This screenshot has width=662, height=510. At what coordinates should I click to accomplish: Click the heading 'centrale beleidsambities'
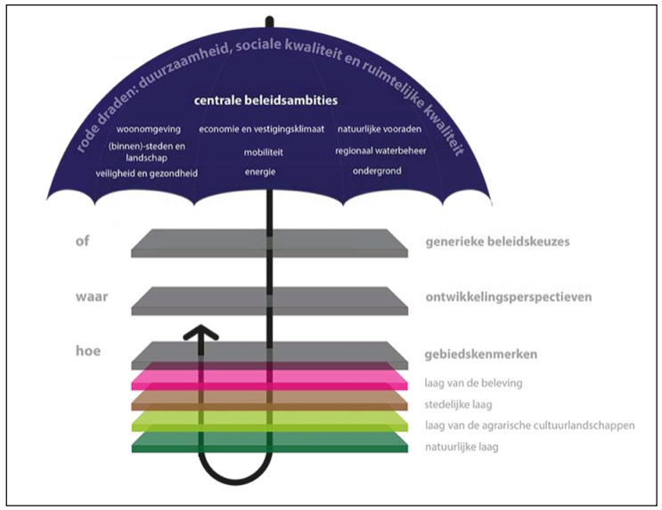coord(266,101)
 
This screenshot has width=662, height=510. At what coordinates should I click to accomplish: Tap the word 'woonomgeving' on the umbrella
coord(148,129)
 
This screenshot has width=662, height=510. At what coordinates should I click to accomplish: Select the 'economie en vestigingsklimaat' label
coord(261,129)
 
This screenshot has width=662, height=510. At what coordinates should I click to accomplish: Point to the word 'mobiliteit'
coord(263,152)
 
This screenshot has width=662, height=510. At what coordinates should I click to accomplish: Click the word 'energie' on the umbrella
coord(260,172)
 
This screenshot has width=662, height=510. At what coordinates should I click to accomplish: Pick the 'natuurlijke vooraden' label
coord(380,129)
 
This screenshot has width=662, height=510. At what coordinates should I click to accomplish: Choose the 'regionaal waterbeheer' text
coord(380,150)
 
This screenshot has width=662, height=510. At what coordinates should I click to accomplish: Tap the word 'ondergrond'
coord(377,171)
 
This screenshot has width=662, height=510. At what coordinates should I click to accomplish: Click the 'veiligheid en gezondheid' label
coord(146,174)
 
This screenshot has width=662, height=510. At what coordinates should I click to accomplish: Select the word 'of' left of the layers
coord(82,241)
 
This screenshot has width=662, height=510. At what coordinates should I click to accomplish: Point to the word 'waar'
coord(92,297)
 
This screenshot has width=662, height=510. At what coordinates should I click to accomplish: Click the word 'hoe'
coord(88,351)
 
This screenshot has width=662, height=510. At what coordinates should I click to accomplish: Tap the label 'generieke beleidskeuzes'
coord(497,242)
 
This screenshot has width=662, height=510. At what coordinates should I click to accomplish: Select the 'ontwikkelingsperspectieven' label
coord(509,297)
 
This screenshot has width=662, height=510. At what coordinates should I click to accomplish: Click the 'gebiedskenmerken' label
coord(481,354)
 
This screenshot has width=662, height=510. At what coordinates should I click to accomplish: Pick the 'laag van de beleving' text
coord(473,383)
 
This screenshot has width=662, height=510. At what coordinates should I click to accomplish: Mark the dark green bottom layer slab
coord(269,442)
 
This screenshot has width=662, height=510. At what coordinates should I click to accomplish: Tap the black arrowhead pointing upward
coord(201,332)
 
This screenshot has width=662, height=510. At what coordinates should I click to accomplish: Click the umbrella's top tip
coord(269,20)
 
